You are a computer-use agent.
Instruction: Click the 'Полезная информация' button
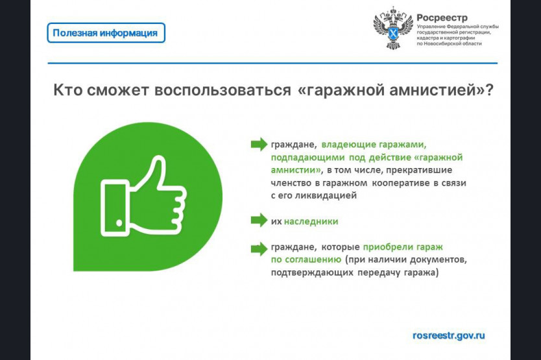point(106,33)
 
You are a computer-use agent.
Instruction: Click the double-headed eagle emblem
point(393,28)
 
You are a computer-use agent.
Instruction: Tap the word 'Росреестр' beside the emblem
point(442,18)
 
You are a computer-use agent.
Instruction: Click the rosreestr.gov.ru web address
point(448,335)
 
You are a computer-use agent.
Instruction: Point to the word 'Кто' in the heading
point(67,90)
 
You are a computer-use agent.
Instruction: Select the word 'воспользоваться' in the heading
point(222,90)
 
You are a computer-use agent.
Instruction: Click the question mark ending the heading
point(489,90)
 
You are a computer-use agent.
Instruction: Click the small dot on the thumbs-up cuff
point(119,222)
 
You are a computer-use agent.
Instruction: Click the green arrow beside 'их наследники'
point(259,220)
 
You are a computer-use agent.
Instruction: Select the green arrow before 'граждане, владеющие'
point(259,144)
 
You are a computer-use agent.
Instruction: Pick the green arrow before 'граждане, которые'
point(259,248)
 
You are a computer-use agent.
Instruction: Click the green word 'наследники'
point(311,221)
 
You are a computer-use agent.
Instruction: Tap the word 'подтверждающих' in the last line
point(312,272)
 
